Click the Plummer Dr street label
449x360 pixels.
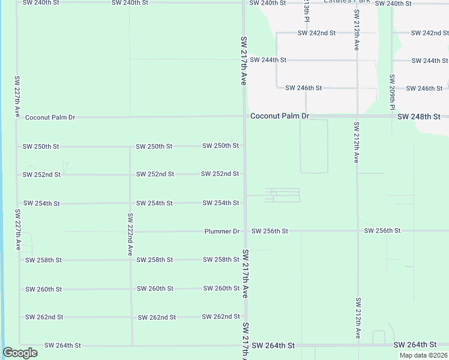click(221, 231)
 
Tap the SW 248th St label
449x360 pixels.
click(419, 116)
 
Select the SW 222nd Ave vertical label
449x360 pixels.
click(130, 235)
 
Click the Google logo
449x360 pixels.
click(20, 353)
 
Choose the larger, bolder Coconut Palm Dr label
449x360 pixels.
click(279, 116)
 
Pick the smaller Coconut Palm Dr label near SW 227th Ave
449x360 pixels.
click(50, 118)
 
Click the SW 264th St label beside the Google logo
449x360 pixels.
click(62, 346)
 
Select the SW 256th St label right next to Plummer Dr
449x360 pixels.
click(270, 231)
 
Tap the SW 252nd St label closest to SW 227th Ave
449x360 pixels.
click(41, 175)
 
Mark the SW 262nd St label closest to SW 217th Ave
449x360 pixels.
click(220, 317)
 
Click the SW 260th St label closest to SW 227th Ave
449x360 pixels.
click(43, 289)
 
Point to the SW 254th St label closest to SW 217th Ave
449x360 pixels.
click(221, 203)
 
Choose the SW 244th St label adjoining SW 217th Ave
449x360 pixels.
click(268, 60)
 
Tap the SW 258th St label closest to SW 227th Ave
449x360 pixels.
click(43, 260)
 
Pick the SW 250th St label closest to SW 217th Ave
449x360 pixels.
click(220, 146)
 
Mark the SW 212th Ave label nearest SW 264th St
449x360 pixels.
click(357, 318)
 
